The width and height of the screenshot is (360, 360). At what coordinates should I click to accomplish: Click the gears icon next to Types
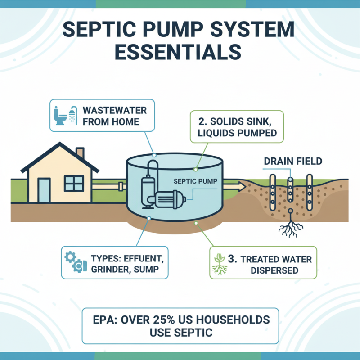(x=73, y=263)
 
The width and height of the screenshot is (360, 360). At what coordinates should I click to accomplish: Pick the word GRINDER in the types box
(x=108, y=271)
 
